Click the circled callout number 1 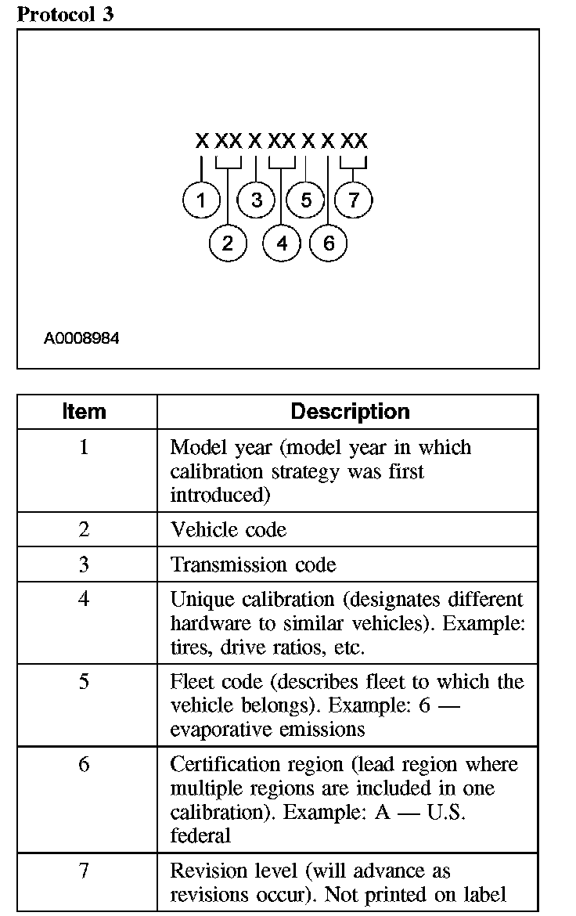pyautogui.click(x=202, y=200)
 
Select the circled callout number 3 pyautogui.click(x=257, y=200)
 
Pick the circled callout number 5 pyautogui.click(x=306, y=200)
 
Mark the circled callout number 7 pyautogui.click(x=354, y=200)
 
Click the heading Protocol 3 pyautogui.click(x=66, y=13)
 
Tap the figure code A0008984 pyautogui.click(x=81, y=339)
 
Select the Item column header pyautogui.click(x=85, y=412)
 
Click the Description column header pyautogui.click(x=350, y=412)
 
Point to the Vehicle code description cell pyautogui.click(x=229, y=530)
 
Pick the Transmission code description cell pyautogui.click(x=254, y=564)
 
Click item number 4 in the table pyautogui.click(x=85, y=599)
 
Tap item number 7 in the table pyautogui.click(x=85, y=870)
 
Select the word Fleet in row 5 pyautogui.click(x=190, y=681)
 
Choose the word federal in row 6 pyautogui.click(x=200, y=835)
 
